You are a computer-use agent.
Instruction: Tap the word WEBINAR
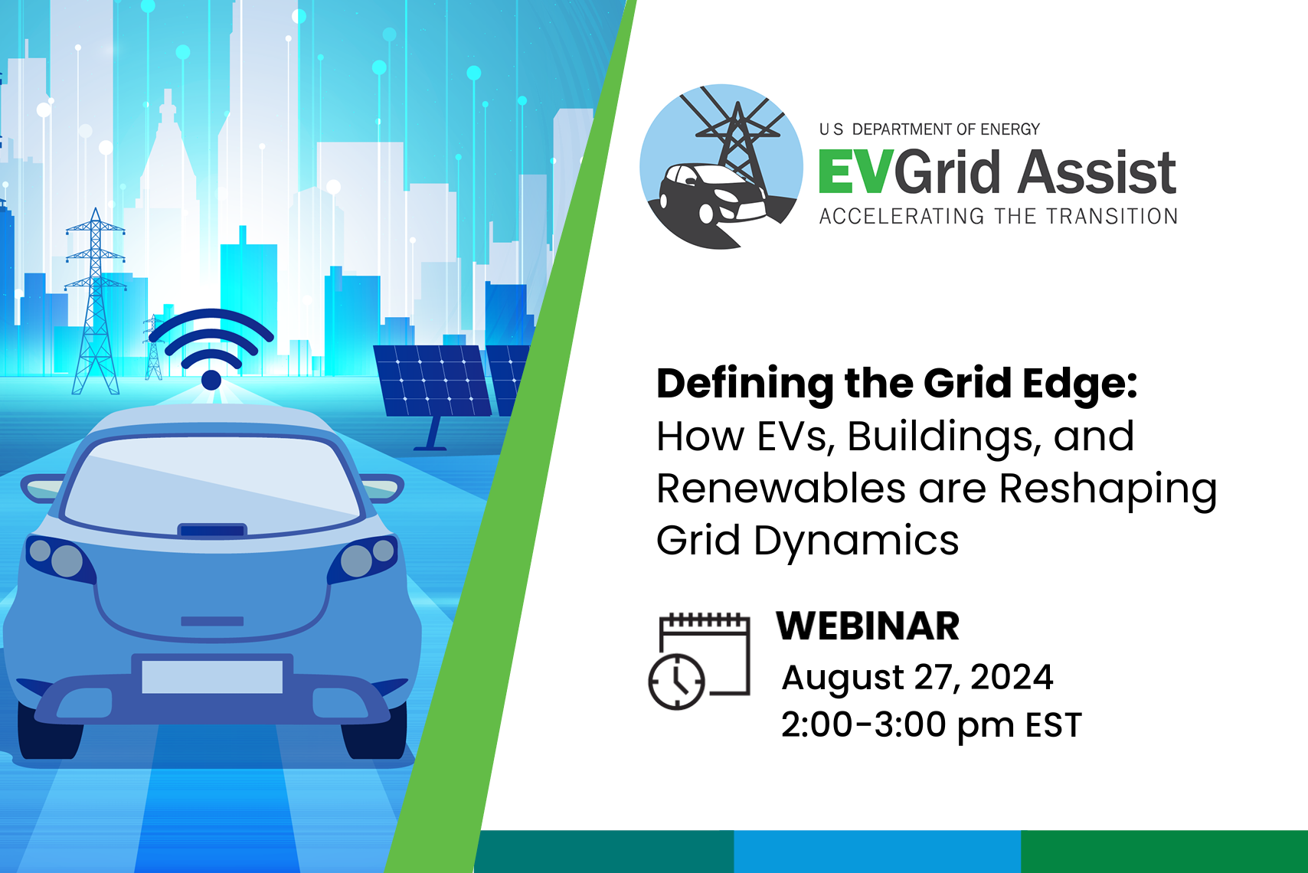(868, 626)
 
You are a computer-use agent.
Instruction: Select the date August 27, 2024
(917, 678)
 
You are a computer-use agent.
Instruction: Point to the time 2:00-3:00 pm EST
(930, 724)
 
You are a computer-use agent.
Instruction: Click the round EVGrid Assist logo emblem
(721, 167)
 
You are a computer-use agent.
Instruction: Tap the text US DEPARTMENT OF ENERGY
(929, 129)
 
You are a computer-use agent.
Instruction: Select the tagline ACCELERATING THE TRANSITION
(998, 217)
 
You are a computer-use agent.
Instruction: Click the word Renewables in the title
(781, 489)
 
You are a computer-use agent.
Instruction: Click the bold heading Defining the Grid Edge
(896, 384)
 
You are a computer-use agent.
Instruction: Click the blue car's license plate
(212, 677)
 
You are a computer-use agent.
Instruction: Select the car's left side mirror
(42, 487)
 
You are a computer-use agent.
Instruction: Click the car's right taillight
(365, 557)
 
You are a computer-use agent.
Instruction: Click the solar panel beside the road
(433, 381)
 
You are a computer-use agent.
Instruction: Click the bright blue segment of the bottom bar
(877, 851)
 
